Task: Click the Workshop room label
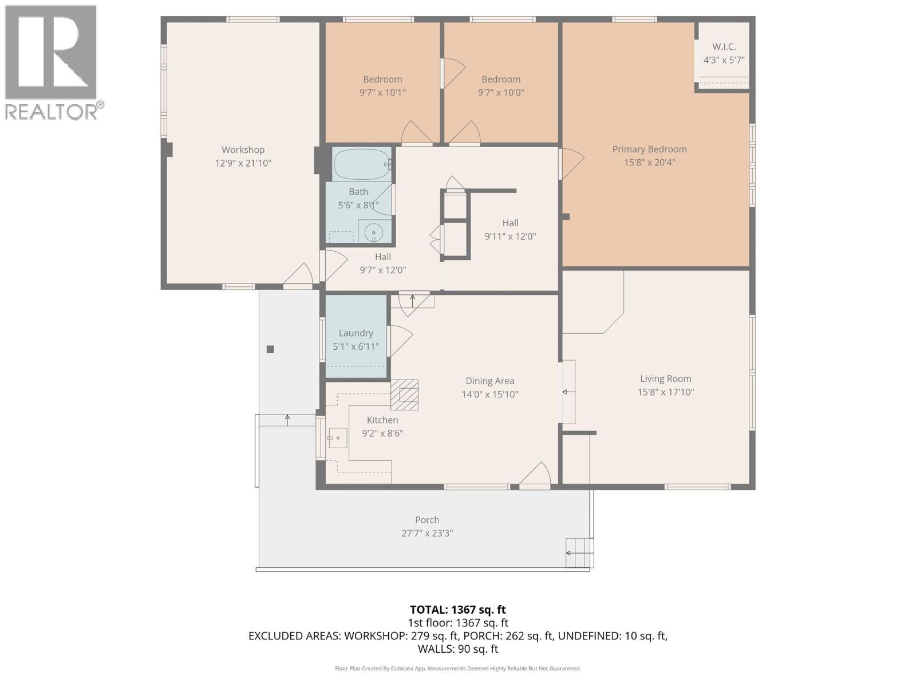click(243, 150)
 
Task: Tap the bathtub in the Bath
click(361, 164)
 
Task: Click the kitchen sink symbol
click(338, 438)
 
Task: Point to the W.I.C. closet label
click(724, 47)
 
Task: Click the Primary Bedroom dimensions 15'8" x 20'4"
click(649, 163)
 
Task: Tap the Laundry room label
click(356, 333)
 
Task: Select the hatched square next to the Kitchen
click(404, 395)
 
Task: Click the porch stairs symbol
click(578, 552)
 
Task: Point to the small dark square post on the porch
click(270, 349)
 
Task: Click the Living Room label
click(665, 379)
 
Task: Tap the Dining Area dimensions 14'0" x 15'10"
click(489, 394)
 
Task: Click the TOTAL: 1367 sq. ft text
click(457, 610)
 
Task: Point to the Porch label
click(427, 520)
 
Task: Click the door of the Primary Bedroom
click(571, 164)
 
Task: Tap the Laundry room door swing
click(400, 341)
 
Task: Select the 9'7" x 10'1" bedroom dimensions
click(382, 92)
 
